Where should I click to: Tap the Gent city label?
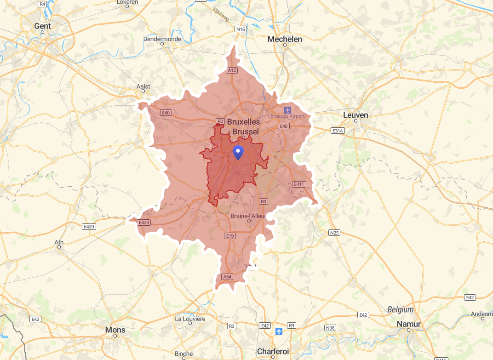click(43, 26)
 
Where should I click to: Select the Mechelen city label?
click(285, 39)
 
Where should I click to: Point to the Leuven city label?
click(355, 114)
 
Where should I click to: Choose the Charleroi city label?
click(273, 351)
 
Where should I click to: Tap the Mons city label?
click(115, 330)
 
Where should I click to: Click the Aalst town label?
click(143, 86)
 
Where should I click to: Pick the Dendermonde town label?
click(162, 39)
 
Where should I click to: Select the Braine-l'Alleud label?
click(249, 216)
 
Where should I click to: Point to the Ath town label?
click(59, 242)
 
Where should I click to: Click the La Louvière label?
click(190, 319)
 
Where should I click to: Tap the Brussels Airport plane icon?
click(288, 110)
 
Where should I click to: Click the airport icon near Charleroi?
click(278, 331)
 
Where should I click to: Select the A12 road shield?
click(232, 70)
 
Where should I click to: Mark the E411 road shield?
click(299, 184)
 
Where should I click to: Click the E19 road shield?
click(230, 236)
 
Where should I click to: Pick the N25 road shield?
click(334, 233)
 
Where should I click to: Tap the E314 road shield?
click(338, 131)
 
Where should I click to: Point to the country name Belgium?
click(400, 309)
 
